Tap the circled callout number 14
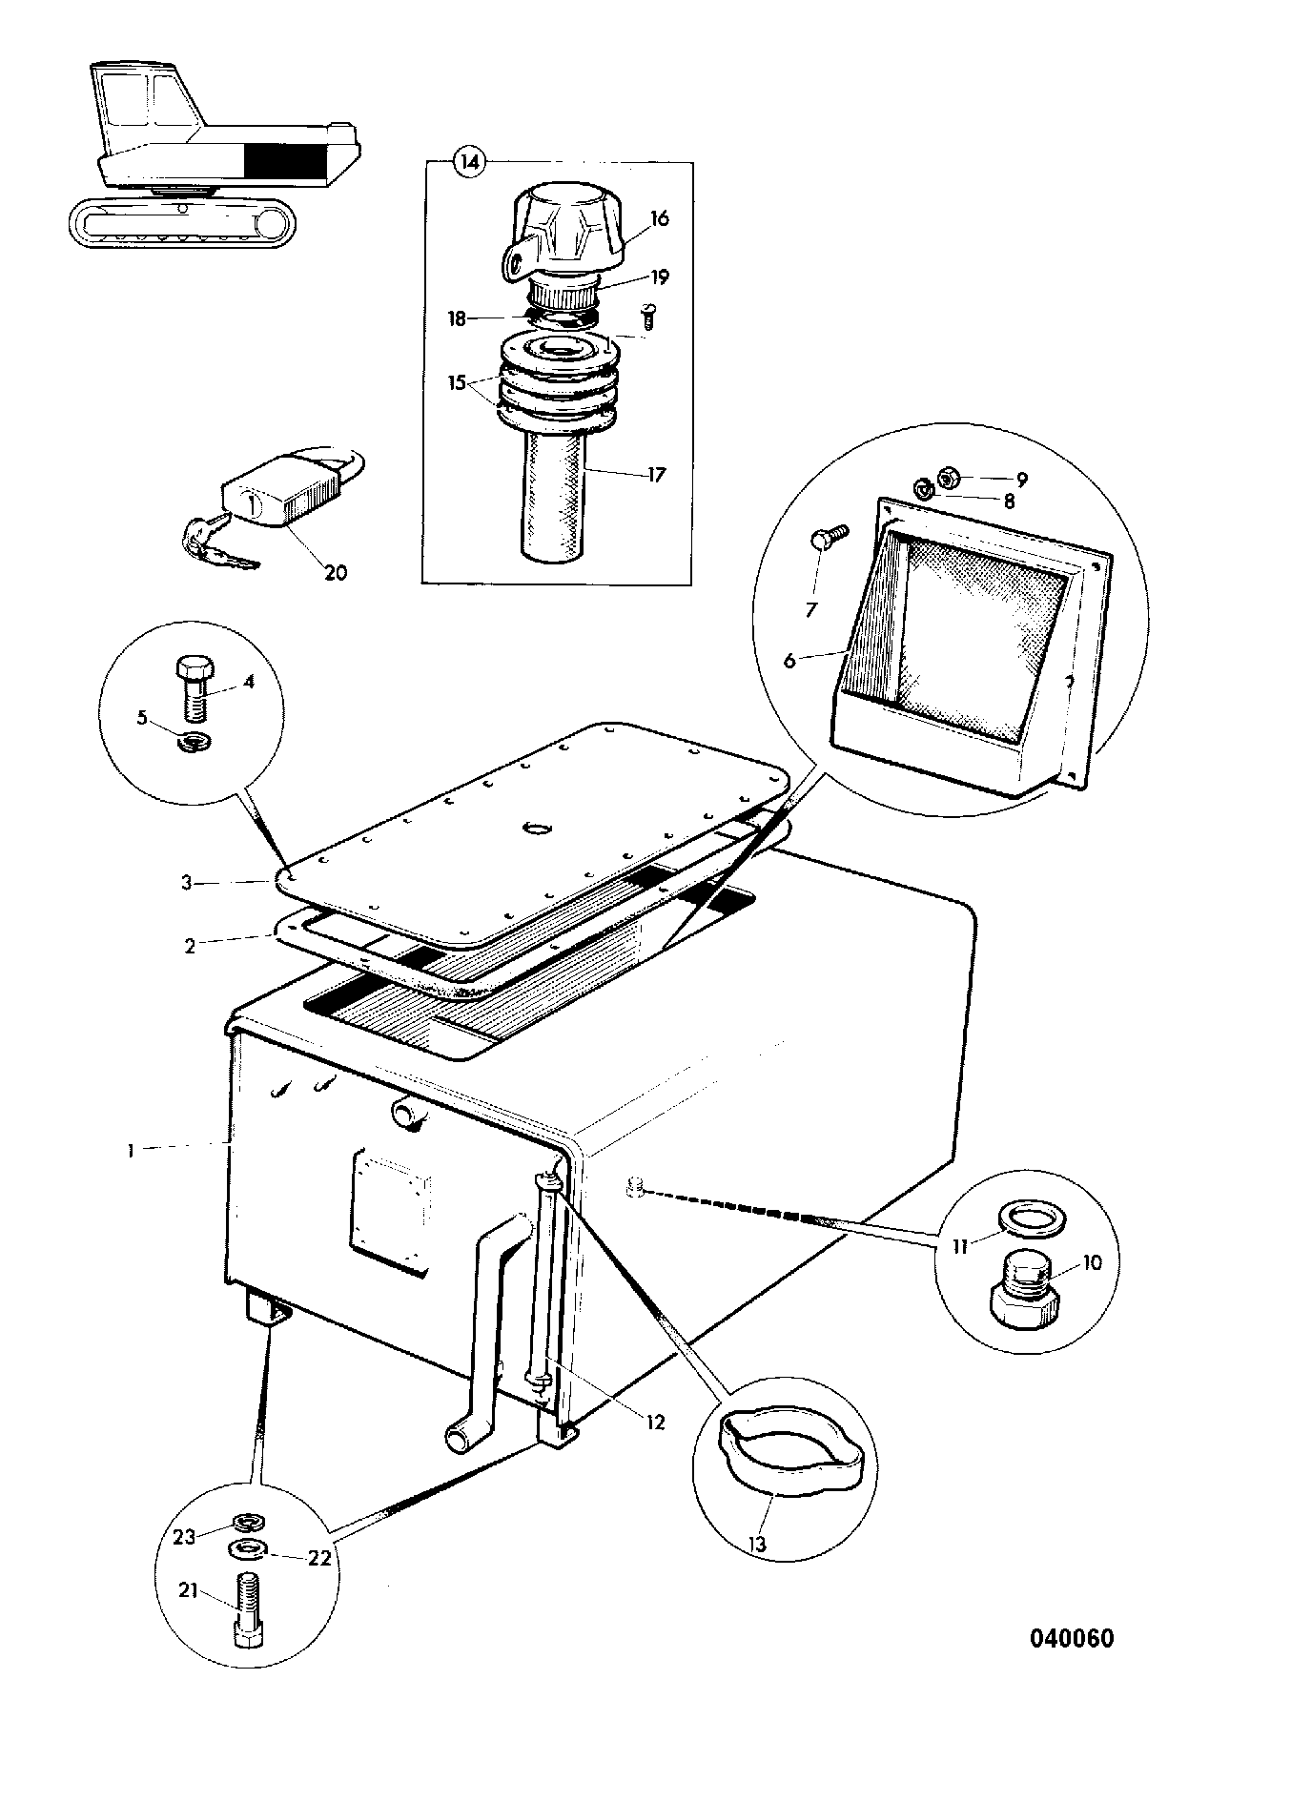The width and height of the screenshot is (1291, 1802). tap(468, 163)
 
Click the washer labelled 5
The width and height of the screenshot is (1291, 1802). tap(196, 742)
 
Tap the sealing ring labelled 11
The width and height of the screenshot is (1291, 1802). tap(1024, 1218)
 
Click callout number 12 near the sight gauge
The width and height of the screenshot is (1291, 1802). tap(654, 1423)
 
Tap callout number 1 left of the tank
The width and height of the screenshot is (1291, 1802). tap(131, 1150)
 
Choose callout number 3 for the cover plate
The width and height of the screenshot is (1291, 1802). tap(188, 883)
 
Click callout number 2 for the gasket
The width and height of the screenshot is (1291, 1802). tap(190, 946)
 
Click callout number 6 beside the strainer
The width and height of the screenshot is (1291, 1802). tap(789, 660)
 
